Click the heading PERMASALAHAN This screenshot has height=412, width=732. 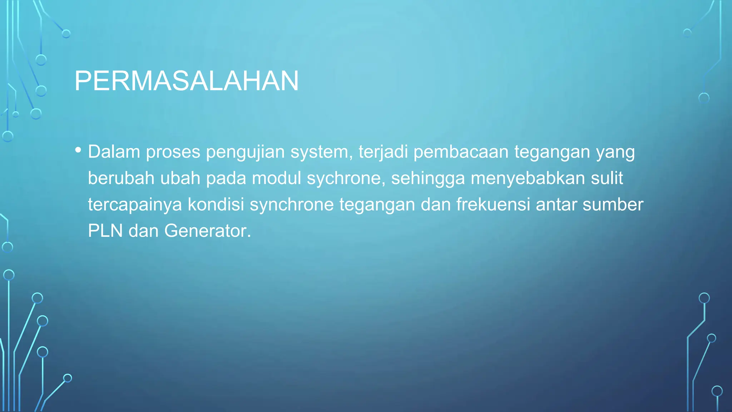coord(186,81)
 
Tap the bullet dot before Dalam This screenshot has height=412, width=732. coord(78,149)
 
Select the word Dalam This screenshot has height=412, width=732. coord(114,152)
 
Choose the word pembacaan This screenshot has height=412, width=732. coord(461,152)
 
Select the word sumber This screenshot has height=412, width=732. coord(613,205)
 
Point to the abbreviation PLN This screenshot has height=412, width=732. coord(105,231)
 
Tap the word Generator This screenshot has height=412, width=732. coord(208,231)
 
